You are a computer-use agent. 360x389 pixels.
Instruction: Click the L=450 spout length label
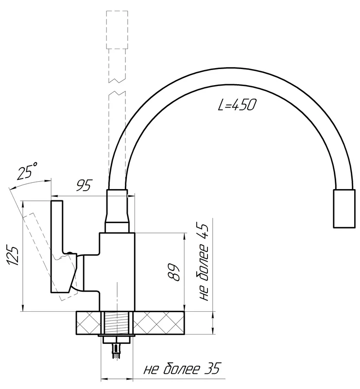click(237, 105)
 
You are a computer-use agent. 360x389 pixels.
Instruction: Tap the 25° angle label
click(27, 171)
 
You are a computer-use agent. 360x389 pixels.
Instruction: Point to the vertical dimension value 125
click(13, 255)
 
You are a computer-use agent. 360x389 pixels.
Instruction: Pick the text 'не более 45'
click(204, 262)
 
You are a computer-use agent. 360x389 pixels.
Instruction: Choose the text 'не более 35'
click(182, 369)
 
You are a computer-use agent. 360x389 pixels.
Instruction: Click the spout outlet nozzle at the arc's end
click(344, 209)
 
